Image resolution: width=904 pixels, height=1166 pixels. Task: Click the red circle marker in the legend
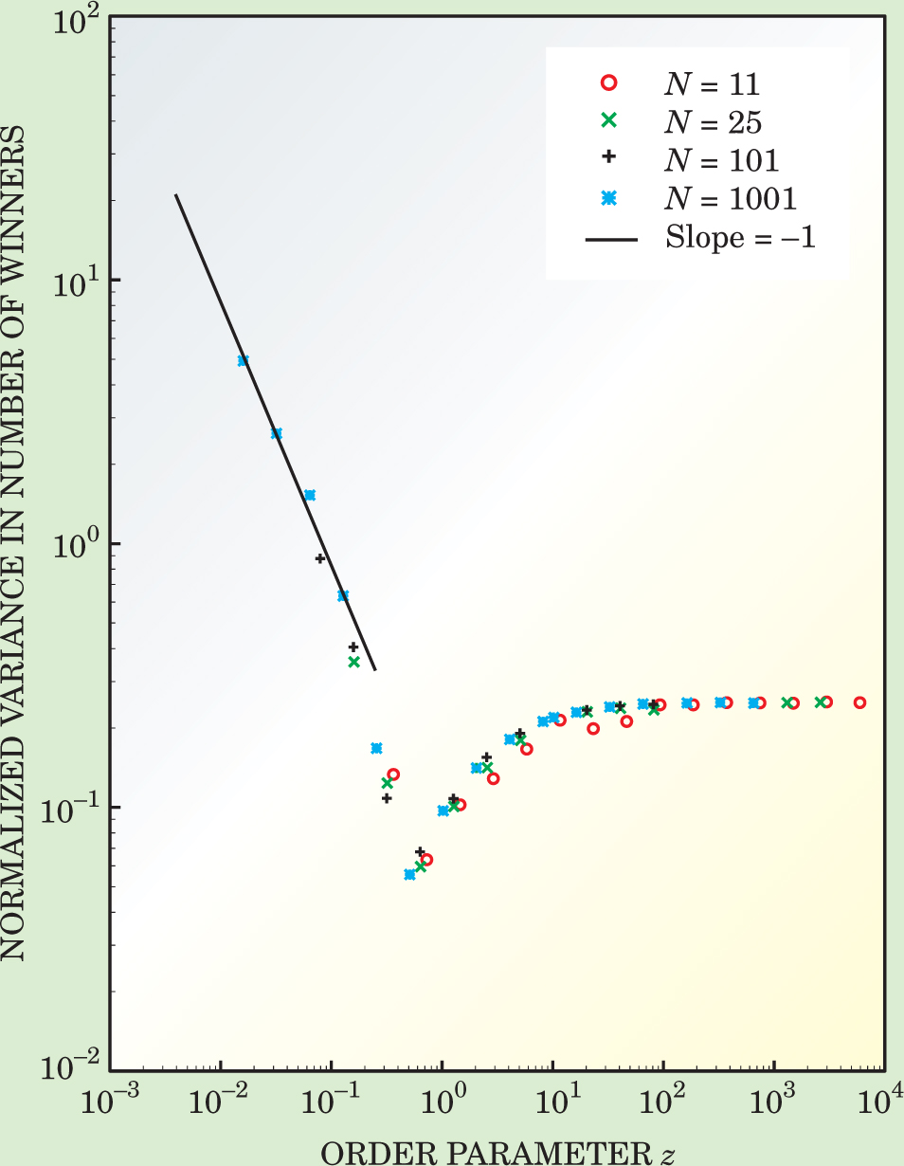coord(609,83)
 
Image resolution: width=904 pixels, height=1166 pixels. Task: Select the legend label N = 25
coord(711,122)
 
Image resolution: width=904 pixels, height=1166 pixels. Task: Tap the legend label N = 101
coord(719,160)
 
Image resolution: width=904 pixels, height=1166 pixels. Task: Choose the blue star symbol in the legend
coord(609,198)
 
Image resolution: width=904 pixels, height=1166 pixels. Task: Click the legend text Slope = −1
coord(740,237)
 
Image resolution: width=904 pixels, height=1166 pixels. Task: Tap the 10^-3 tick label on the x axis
coord(111,1103)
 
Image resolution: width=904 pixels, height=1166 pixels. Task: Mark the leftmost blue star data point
coord(243,360)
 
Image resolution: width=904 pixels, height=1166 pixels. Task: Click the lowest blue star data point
coord(409,874)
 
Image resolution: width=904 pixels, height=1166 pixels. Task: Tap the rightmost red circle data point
coord(859,702)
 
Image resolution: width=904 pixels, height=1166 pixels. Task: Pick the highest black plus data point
coord(320,558)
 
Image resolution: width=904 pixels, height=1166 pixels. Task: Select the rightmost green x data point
coord(820,702)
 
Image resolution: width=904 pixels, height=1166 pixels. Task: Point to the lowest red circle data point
coord(426,860)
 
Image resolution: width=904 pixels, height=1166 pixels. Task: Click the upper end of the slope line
coord(175,195)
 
